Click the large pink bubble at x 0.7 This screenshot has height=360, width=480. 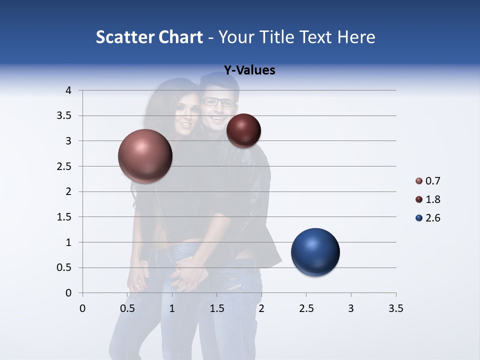pyautogui.click(x=145, y=156)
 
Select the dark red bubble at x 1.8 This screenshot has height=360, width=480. pyautogui.click(x=243, y=130)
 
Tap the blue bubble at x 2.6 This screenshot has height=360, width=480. pyautogui.click(x=315, y=252)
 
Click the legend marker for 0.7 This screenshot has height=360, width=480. pyautogui.click(x=419, y=181)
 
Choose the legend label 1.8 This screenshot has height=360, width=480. pyautogui.click(x=432, y=199)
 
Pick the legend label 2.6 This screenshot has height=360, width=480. pyautogui.click(x=432, y=218)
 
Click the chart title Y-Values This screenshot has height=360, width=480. pyautogui.click(x=249, y=70)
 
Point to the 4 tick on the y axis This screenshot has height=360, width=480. pyautogui.click(x=69, y=90)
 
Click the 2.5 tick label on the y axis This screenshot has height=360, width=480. pyautogui.click(x=65, y=166)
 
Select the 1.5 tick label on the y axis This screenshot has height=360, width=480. pyautogui.click(x=65, y=217)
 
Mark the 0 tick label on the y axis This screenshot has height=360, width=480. pyautogui.click(x=69, y=293)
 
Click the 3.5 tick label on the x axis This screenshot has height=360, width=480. pyautogui.click(x=395, y=309)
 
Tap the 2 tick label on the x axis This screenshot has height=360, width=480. pyautogui.click(x=261, y=309)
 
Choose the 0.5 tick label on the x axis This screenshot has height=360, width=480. pyautogui.click(x=127, y=309)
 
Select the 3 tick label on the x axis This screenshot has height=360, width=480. pyautogui.click(x=351, y=309)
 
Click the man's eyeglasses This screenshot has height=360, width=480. pyautogui.click(x=218, y=102)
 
